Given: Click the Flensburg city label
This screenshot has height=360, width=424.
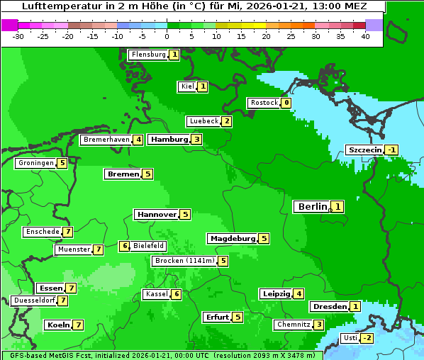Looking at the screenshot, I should coord(148,55).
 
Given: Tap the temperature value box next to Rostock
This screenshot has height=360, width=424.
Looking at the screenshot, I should coord(286,103).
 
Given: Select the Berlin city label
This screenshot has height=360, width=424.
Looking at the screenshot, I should coord(312,207).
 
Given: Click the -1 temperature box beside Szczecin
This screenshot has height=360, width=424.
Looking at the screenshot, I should coord(391,150).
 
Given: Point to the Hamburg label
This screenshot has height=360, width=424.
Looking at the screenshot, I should coord(169,140).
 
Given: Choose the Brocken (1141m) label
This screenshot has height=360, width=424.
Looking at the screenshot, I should coord(184,261).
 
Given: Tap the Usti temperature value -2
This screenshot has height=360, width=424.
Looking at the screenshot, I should coord(367,338).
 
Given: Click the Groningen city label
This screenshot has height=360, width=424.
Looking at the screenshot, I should coord(35,163).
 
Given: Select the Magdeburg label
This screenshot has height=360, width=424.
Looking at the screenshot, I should coord(232,239).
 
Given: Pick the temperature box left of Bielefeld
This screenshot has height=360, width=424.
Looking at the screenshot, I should coord(124,246).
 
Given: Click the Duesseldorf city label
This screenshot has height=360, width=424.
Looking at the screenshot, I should coord(34,300).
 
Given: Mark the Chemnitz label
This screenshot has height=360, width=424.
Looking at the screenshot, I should coord(293,325).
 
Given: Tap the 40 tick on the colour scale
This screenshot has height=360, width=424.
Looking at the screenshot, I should coord(365,36).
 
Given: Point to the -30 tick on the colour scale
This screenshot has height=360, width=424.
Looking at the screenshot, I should coord(18,36).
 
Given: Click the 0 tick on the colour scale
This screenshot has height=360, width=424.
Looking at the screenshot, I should coord(167,36).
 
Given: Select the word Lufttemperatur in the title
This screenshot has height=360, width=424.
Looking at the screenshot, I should coord(55,6).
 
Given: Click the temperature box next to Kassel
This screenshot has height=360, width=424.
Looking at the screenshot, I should coord(177,294).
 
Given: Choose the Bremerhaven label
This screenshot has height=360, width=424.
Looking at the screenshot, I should coord(106,140).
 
